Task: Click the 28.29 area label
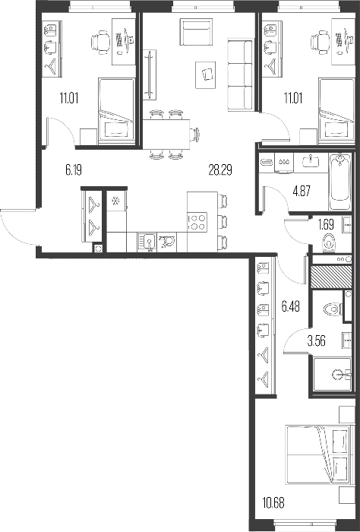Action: point(220,170)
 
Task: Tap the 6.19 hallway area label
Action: point(74,169)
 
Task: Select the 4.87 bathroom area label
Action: point(302,192)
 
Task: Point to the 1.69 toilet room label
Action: point(327,224)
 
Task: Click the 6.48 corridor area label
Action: point(291,307)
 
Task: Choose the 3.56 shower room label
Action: point(316,341)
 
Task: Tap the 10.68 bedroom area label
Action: point(273,502)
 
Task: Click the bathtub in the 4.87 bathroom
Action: point(339,182)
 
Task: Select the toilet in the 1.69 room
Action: point(329,242)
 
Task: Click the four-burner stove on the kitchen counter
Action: point(197,222)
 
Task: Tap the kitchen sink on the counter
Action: point(147,242)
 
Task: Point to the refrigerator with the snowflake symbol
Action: point(116,201)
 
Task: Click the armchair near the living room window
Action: point(196,32)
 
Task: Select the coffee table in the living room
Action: point(205,74)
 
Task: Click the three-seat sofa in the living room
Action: point(240,74)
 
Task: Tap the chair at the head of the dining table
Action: point(194,135)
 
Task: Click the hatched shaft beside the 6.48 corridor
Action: point(331,277)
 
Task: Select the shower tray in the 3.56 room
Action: point(332,374)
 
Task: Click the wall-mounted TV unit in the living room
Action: point(150,74)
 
